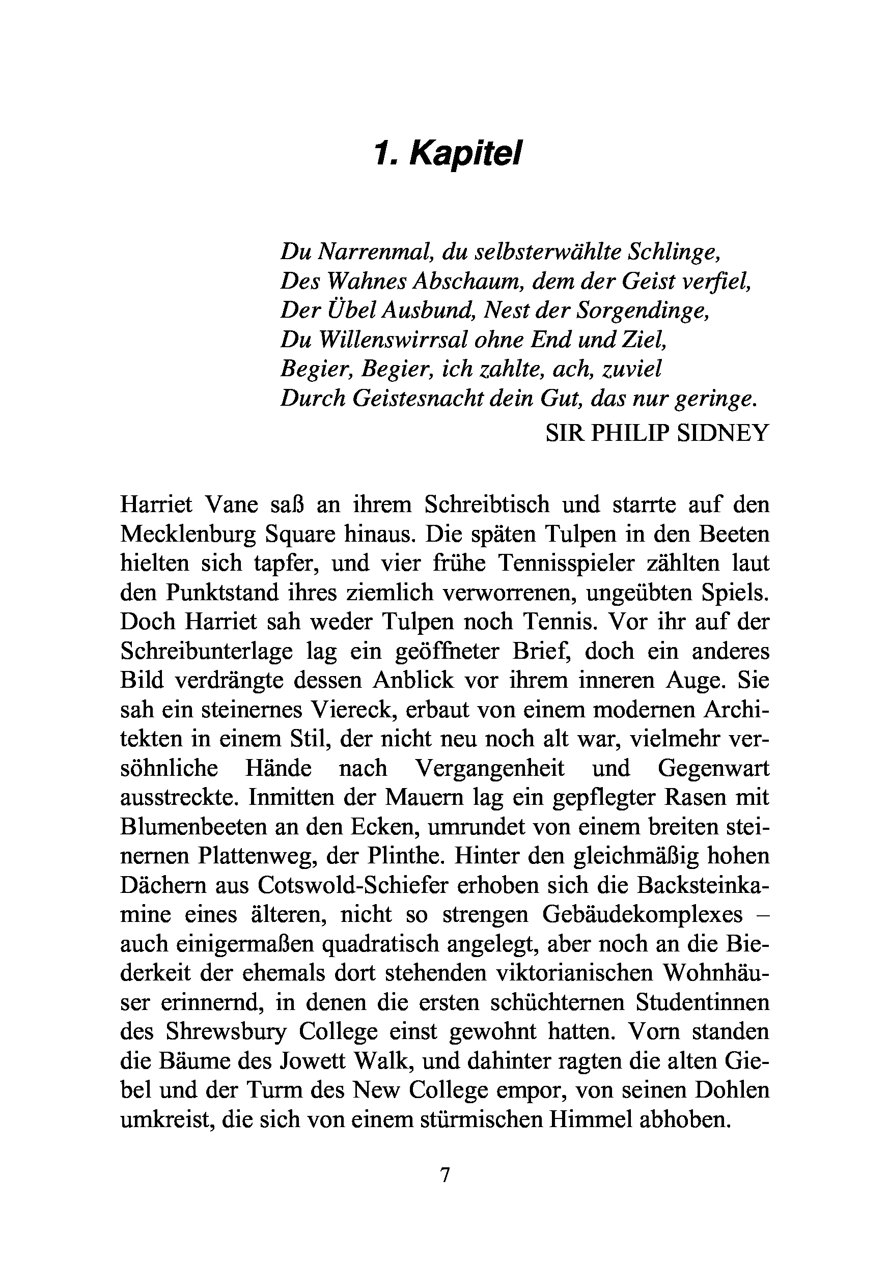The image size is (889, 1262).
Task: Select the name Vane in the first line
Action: tap(230, 504)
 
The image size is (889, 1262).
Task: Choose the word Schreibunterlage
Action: tap(207, 651)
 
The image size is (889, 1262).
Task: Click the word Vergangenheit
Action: tap(489, 768)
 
